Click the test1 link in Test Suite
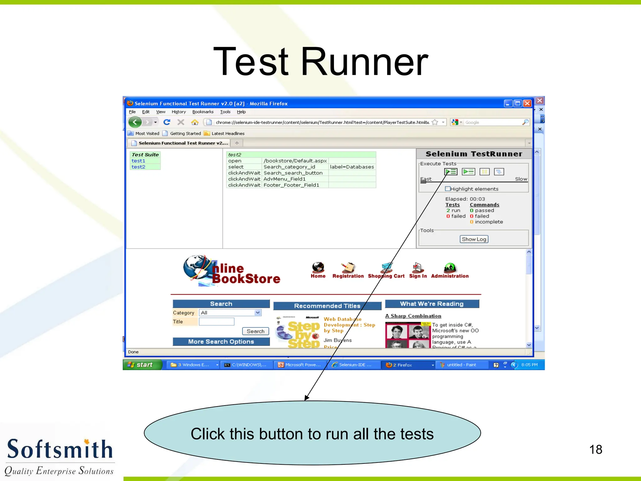point(138,161)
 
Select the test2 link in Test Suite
point(138,167)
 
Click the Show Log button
point(474,239)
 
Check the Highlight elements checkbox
point(448,189)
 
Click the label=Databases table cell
point(352,167)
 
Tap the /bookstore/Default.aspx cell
point(295,161)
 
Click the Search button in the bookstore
point(255,331)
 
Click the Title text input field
point(216,322)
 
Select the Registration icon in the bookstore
point(348,268)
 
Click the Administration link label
point(450,276)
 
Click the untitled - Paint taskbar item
point(461,365)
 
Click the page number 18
point(596,450)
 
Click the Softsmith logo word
point(59,449)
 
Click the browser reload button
point(167,122)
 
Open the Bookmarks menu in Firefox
point(203,112)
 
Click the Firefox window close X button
point(527,103)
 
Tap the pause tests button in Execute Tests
point(485,172)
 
